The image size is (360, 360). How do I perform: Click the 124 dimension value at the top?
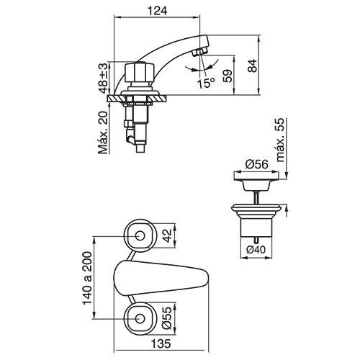point(157,11)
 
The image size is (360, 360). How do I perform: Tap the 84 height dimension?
point(252,66)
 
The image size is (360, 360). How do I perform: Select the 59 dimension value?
point(228,76)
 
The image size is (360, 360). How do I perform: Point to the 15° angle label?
point(206,83)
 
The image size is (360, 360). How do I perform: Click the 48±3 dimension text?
point(104,78)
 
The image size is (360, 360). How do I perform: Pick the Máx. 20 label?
point(104,132)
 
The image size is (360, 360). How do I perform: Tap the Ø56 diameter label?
point(256,164)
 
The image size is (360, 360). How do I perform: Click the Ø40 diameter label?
point(256,250)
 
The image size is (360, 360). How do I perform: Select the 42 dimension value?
point(167,235)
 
